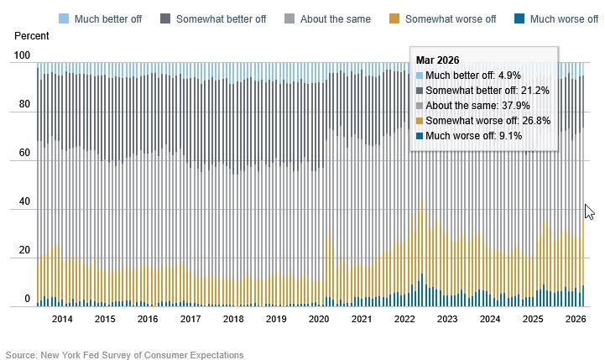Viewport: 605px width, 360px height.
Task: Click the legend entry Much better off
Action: [x=101, y=18]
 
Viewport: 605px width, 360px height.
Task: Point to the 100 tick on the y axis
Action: [x=21, y=56]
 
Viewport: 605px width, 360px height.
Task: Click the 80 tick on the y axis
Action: [x=23, y=105]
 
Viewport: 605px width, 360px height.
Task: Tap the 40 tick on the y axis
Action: [x=23, y=202]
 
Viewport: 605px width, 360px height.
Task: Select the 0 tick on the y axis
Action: [x=27, y=299]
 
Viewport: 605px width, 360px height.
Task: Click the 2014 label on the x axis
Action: [x=62, y=320]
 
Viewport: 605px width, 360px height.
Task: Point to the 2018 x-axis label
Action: [x=232, y=320]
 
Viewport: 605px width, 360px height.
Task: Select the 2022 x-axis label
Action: [x=404, y=320]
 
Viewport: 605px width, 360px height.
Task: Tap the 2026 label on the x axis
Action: [x=575, y=320]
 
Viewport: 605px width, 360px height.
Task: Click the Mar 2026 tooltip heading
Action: [x=437, y=60]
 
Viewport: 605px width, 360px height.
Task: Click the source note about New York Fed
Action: [x=124, y=355]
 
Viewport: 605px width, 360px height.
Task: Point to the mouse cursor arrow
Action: [x=589, y=211]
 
